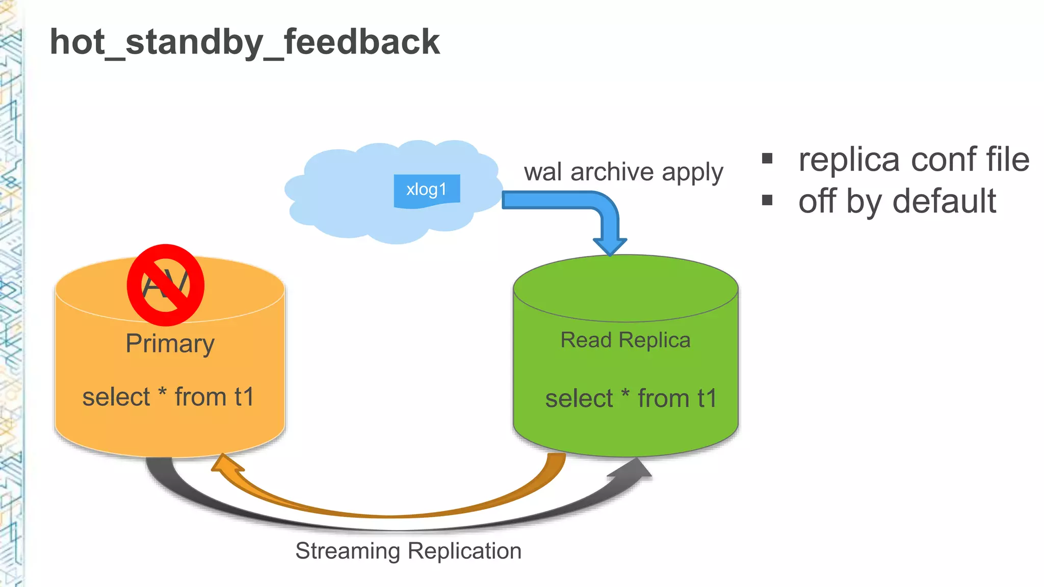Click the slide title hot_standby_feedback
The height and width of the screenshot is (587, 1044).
(245, 42)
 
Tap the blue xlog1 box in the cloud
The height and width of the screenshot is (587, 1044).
(427, 190)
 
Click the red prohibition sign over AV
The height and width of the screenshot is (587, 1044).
(166, 285)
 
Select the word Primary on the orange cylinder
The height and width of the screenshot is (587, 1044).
(170, 343)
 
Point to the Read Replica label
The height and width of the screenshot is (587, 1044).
(625, 340)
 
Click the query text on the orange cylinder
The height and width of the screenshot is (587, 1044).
(168, 397)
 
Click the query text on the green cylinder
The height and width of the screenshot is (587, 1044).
(631, 398)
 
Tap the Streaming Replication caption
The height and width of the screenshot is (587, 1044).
(408, 551)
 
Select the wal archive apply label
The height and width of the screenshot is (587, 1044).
(623, 172)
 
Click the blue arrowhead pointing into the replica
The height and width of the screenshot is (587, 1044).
(610, 246)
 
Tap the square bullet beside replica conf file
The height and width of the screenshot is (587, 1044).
(767, 158)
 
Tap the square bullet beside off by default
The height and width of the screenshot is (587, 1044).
(767, 200)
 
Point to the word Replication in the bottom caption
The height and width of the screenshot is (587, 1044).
(464, 551)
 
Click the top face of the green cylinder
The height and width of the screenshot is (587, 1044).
(625, 288)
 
